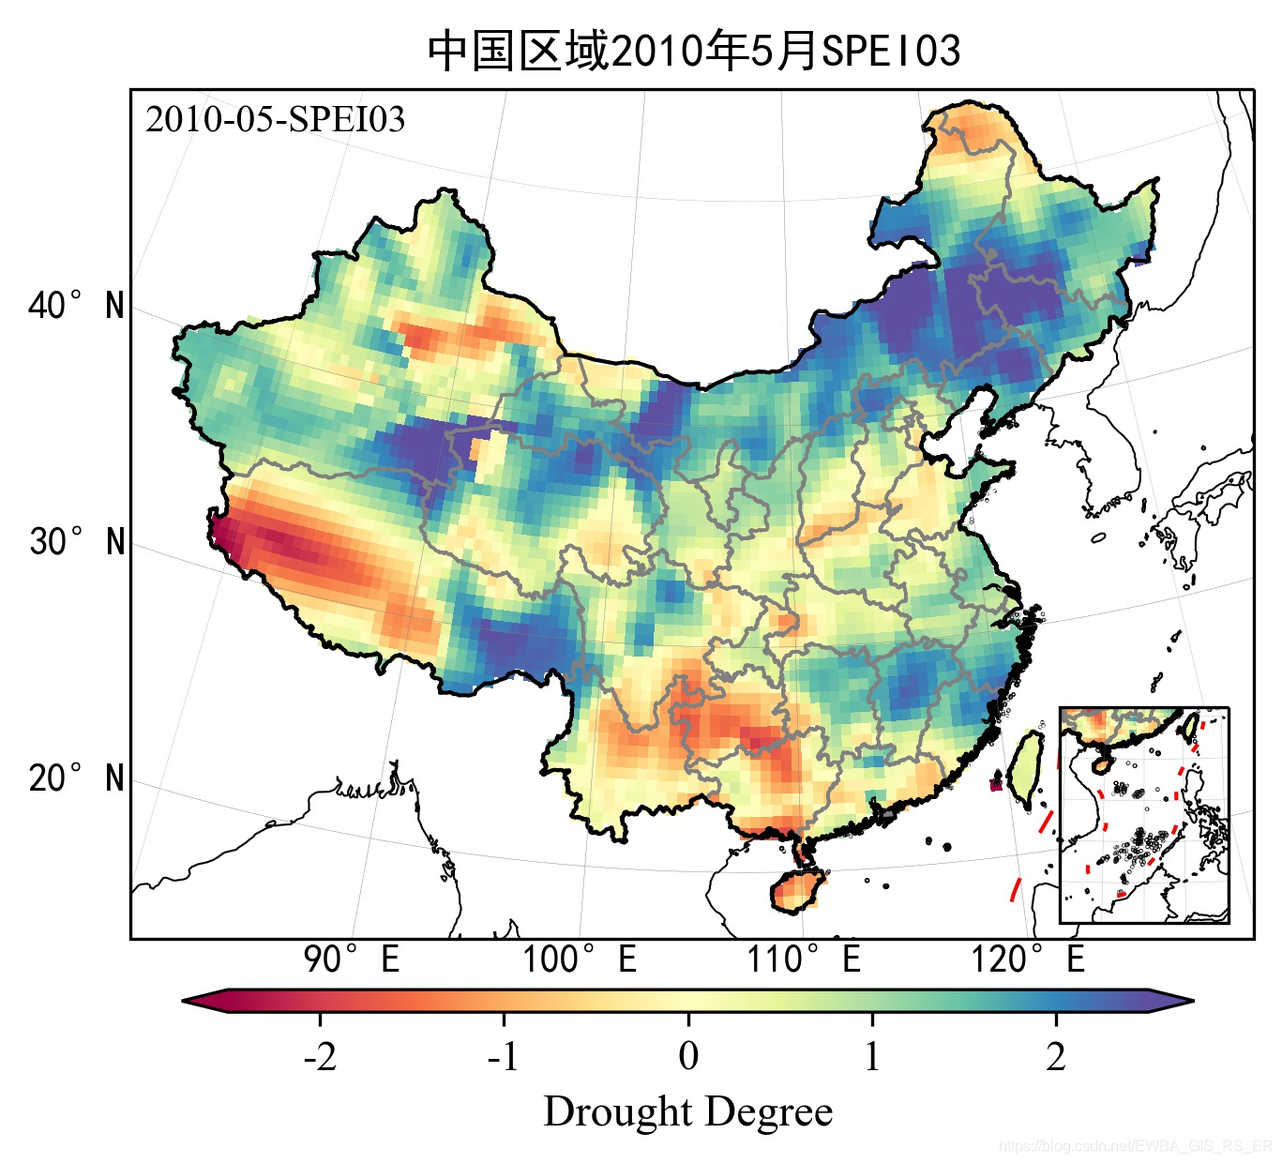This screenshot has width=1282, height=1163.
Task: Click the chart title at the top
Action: [693, 51]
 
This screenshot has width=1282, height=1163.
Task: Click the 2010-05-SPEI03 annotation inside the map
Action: [275, 120]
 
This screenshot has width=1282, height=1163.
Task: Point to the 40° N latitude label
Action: [76, 306]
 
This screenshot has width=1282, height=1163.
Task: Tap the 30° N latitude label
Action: [76, 542]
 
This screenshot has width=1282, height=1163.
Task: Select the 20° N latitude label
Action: [76, 778]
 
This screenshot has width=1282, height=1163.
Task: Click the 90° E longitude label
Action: [352, 959]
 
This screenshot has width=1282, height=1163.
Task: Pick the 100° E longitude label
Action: [580, 959]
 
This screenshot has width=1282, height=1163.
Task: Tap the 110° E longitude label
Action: [804, 959]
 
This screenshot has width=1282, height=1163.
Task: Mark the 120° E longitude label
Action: [1028, 959]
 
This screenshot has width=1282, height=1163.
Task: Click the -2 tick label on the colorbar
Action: [320, 1057]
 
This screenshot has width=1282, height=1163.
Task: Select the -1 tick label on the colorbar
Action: [504, 1057]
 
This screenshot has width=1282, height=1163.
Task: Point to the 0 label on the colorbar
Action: [688, 1057]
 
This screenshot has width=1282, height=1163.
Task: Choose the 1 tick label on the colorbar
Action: [872, 1057]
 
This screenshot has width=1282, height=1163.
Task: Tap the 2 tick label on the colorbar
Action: [1056, 1057]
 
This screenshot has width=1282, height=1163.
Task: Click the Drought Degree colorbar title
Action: [688, 1112]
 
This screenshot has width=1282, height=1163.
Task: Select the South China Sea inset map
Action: [1144, 815]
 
